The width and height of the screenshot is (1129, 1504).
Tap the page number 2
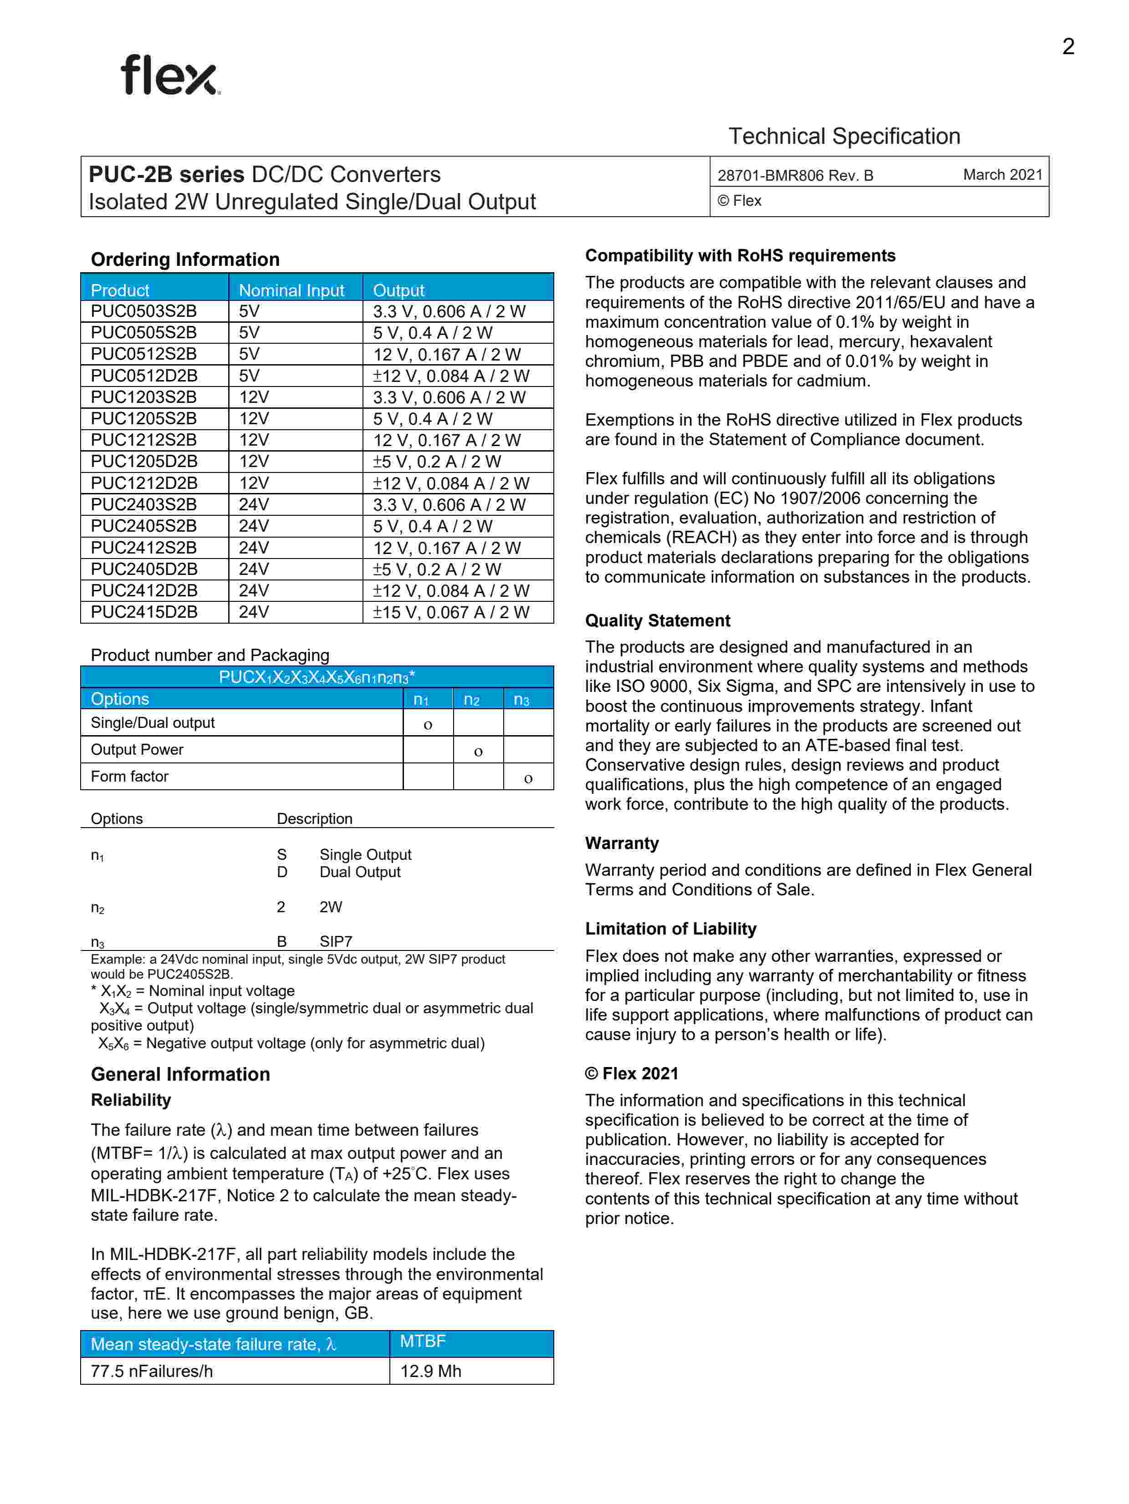click(1068, 46)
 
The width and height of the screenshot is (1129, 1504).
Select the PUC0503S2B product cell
click(143, 311)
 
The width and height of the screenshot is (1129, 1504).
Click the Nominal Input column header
click(291, 290)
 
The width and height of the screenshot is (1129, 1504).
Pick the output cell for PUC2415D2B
click(450, 612)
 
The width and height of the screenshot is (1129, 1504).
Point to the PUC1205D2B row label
click(143, 462)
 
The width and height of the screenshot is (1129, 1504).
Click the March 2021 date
click(1002, 175)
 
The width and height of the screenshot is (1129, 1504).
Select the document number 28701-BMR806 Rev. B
click(795, 175)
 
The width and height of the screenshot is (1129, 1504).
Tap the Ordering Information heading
click(185, 260)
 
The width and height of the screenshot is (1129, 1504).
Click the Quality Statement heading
click(657, 621)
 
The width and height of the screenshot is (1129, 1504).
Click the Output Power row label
click(137, 749)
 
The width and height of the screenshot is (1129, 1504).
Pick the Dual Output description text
click(360, 872)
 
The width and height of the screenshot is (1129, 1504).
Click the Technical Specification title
click(844, 136)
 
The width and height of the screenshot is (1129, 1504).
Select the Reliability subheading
click(131, 1100)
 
